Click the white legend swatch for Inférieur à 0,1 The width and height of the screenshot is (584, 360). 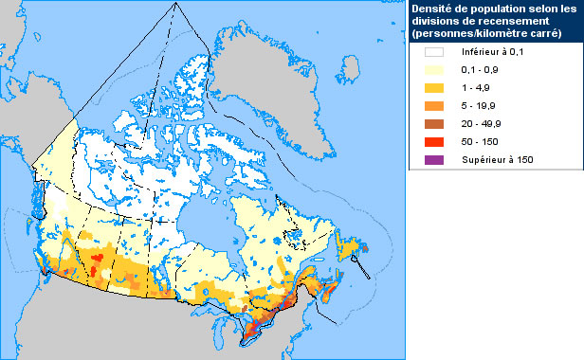[435, 53]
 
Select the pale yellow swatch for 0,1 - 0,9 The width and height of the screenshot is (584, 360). [435, 71]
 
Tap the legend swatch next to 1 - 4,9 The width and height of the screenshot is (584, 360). [435, 88]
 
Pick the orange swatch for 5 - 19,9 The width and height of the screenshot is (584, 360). [435, 106]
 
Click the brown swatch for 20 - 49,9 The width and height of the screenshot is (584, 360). [435, 123]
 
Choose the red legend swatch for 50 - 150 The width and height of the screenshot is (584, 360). [435, 141]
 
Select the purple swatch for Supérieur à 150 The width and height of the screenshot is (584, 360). [435, 159]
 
